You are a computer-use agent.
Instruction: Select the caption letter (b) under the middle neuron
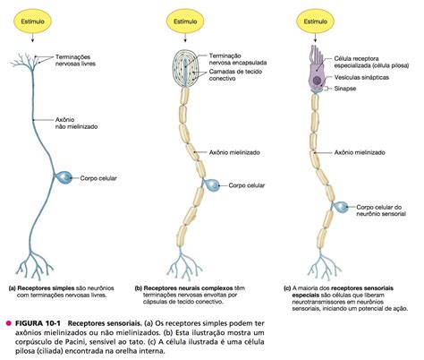pos(140,288)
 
